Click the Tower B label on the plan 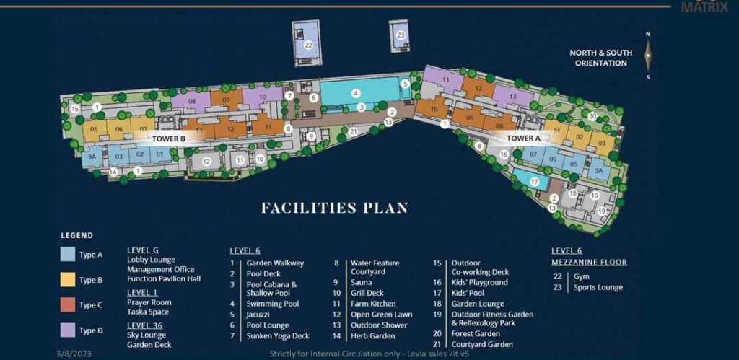(x=169, y=137)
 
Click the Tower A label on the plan (x=524, y=138)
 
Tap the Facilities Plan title (x=335, y=208)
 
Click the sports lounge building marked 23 (x=401, y=35)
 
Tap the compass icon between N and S (x=648, y=55)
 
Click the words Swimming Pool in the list (x=273, y=304)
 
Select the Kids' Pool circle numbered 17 (x=534, y=183)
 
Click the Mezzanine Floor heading (x=589, y=262)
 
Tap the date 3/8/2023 (x=73, y=354)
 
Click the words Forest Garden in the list (x=476, y=333)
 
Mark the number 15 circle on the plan (x=74, y=109)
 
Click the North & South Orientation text (x=600, y=58)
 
